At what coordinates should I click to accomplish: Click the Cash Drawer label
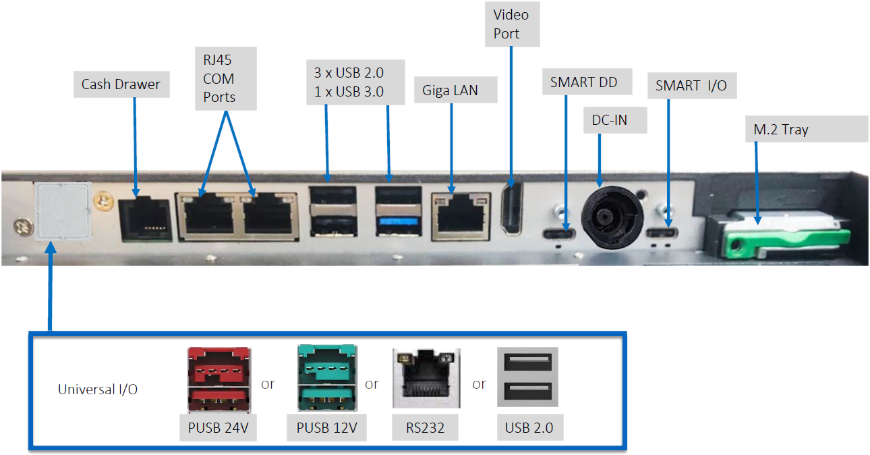[x=121, y=84]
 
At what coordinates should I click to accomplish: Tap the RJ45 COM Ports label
[x=219, y=78]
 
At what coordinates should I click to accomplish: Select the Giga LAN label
[x=450, y=90]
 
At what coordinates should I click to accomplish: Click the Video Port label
[x=511, y=24]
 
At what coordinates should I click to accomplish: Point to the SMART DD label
[x=583, y=82]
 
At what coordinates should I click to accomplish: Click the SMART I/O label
[x=691, y=86]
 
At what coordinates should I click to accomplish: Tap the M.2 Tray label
[x=781, y=130]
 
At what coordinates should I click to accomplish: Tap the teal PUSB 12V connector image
[x=326, y=379]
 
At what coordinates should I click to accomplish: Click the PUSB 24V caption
[x=218, y=428]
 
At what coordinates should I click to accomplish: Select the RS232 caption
[x=426, y=428]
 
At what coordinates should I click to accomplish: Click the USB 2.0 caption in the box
[x=528, y=428]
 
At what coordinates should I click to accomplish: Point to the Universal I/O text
[x=98, y=390]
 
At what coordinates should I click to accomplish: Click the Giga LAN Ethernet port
[x=459, y=216]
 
